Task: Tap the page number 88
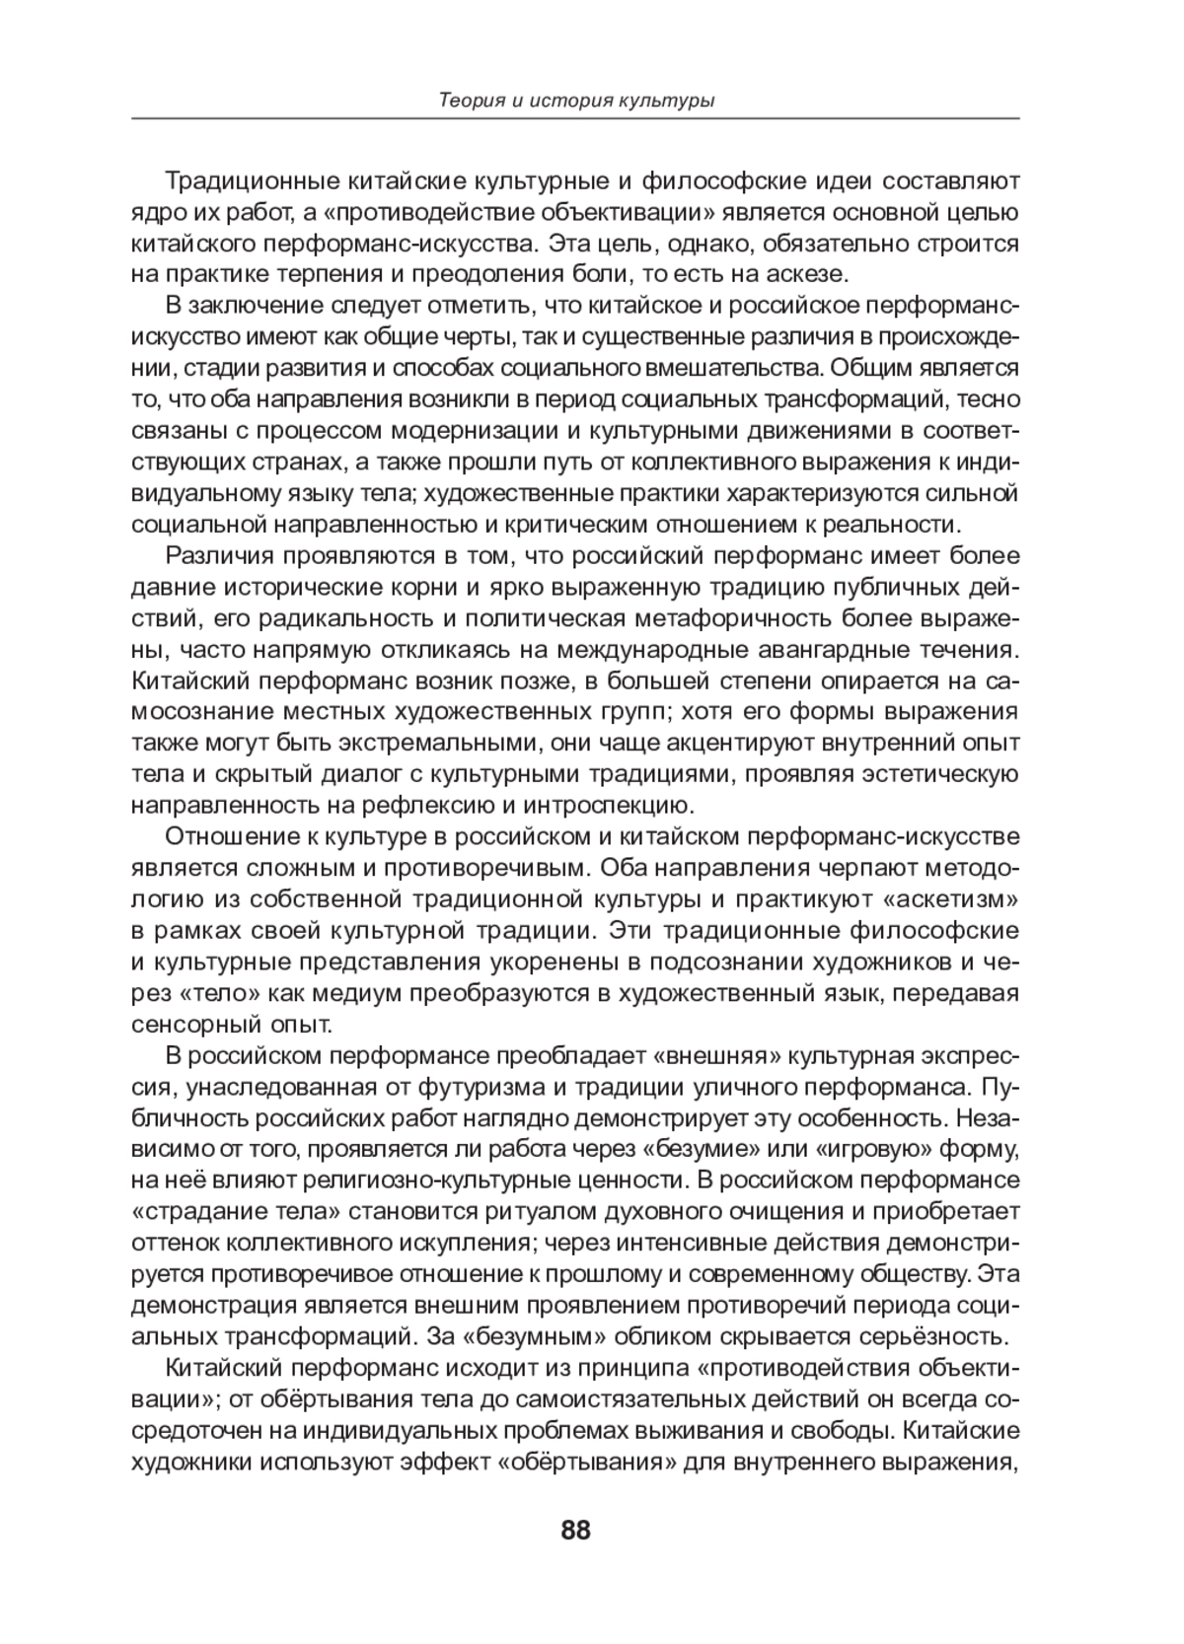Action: (x=575, y=1530)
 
